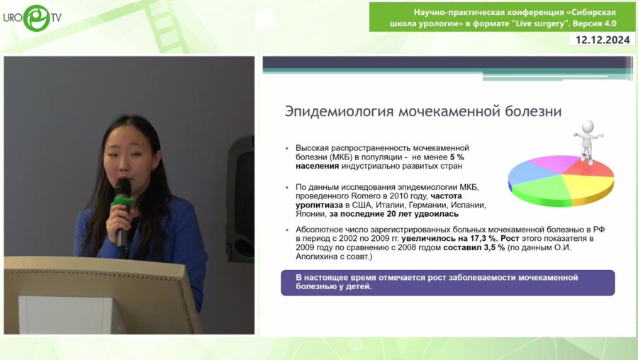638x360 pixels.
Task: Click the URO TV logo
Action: tap(33, 18)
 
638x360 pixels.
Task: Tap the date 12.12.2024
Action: tap(603, 40)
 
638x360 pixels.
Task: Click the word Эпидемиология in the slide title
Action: tap(340, 111)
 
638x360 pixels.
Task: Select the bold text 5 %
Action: tap(457, 157)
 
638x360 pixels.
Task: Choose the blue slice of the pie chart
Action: tap(528, 172)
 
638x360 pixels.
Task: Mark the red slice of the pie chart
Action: tap(591, 167)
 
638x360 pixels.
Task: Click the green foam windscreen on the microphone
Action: tap(122, 201)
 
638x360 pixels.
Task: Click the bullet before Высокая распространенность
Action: tap(287, 149)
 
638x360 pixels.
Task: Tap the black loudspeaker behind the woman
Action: tap(240, 198)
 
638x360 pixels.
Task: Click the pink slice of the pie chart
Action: tap(555, 163)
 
